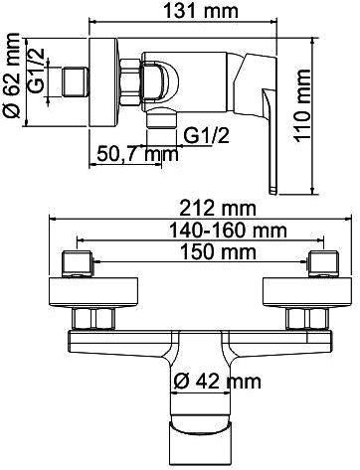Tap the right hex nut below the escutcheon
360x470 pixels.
click(x=298, y=319)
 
